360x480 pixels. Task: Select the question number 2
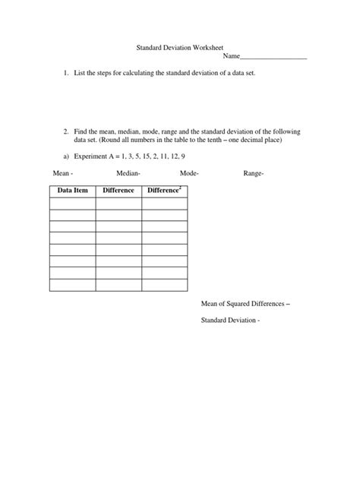[x=66, y=131]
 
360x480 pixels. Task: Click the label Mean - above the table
[x=61, y=174]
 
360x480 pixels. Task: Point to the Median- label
[x=128, y=174]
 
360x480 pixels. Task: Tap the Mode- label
[x=189, y=174]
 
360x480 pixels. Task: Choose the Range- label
[x=253, y=174]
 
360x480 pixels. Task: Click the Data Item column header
[x=72, y=190]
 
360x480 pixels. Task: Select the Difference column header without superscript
[x=118, y=190]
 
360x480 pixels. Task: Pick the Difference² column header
[x=164, y=190]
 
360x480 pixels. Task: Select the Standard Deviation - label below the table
[x=230, y=320]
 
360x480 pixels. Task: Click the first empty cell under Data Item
[x=72, y=203]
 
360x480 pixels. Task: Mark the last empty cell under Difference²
[x=164, y=285]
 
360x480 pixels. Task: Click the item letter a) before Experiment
[x=66, y=156]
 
